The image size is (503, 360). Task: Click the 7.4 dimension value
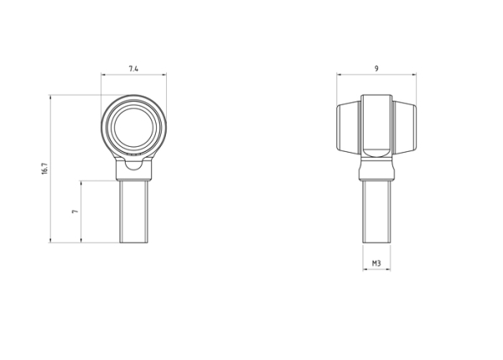click(x=134, y=66)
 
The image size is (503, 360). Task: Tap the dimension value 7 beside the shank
click(x=75, y=212)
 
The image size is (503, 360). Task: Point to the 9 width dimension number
click(x=377, y=66)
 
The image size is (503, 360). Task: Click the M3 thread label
click(x=377, y=263)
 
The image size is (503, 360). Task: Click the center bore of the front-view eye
click(x=134, y=128)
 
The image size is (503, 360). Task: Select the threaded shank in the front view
click(x=134, y=210)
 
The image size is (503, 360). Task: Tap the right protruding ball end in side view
click(x=406, y=128)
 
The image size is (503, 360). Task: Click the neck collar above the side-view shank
click(x=377, y=171)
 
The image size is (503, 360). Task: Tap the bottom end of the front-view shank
click(x=134, y=240)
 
